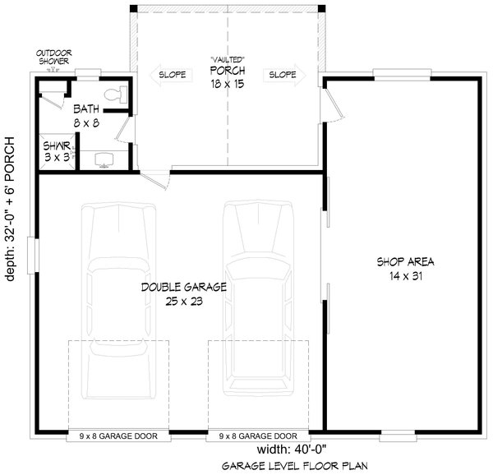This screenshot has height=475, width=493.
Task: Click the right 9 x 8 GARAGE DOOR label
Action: pos(258,436)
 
